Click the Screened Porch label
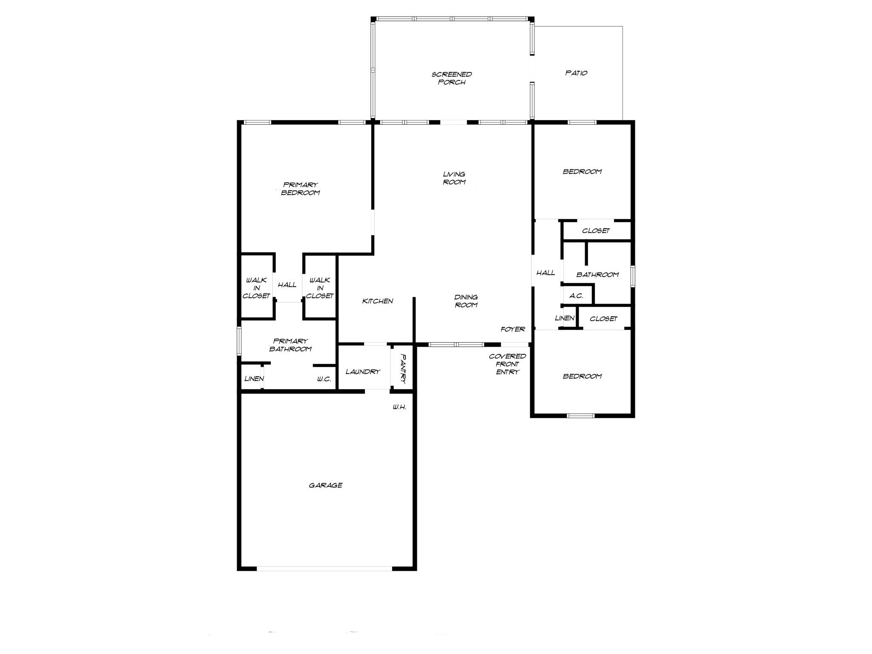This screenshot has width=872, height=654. pos(451,78)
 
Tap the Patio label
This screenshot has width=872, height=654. pos(576,73)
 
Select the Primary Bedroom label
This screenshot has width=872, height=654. pos(300,189)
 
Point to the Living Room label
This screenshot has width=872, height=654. pos(454,178)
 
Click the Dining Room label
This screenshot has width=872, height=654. pos(466,301)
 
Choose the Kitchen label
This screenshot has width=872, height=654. pos(377,301)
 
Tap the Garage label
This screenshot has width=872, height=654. pos(325,485)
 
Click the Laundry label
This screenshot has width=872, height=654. pos(362,372)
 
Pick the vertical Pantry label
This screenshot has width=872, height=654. pos(403,368)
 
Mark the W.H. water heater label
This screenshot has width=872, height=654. pos(399,407)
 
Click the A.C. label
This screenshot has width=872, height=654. pos(576,296)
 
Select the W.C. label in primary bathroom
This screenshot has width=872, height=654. pos(324,379)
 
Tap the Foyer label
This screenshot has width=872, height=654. pos(513,329)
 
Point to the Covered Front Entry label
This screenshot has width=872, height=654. pos(507,364)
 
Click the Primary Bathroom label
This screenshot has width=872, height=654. pos(290,345)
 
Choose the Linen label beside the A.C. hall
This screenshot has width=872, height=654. pos(565,318)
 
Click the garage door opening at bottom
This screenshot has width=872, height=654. pos(324,568)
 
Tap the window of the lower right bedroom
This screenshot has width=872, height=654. pos(581,416)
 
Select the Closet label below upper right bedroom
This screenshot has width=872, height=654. pos(596,231)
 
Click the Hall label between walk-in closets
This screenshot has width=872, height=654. pos(287,285)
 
